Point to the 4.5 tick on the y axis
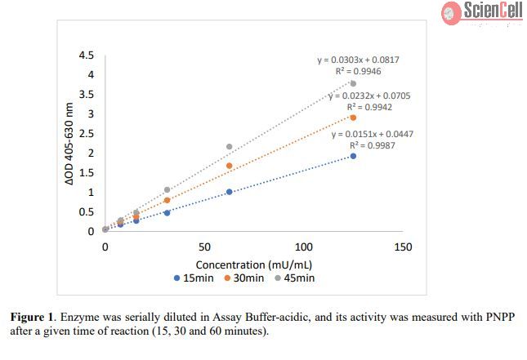click(x=85, y=56)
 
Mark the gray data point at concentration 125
click(x=353, y=83)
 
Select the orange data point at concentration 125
click(x=353, y=118)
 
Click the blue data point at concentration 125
click(x=353, y=156)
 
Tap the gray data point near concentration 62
click(x=229, y=147)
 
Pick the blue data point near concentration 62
click(x=229, y=192)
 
